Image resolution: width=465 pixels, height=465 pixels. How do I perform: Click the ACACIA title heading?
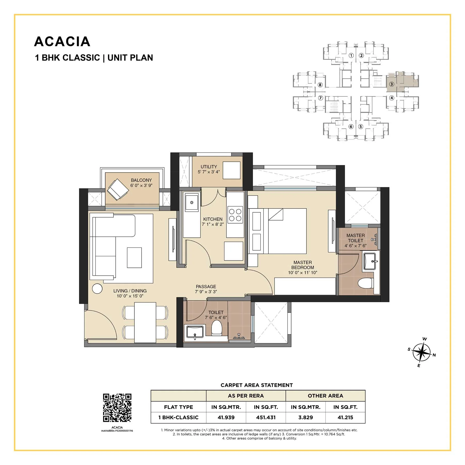pos(62,42)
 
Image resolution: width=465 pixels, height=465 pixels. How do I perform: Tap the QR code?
pos(117,408)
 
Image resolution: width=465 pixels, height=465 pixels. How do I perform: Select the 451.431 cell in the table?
pos(266,417)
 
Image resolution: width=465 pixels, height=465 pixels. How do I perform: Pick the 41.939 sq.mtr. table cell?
pos(226,417)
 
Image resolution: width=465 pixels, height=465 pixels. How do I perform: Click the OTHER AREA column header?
pos(325,396)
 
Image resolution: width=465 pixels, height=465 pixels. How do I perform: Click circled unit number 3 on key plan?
pos(392,84)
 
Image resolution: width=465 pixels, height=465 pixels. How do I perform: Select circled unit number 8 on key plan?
pos(320,85)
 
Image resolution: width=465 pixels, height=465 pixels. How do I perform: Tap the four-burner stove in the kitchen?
pos(235,215)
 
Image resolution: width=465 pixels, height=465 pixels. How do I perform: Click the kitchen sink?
pos(192,203)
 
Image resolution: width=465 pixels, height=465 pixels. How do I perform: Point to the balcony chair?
pos(118,189)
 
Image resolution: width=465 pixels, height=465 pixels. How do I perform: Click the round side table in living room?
pos(97,289)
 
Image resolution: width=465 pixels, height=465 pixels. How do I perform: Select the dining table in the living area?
pos(145,322)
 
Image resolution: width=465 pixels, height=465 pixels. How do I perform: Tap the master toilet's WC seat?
pos(366,283)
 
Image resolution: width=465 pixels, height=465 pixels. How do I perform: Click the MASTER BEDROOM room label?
pos(303,265)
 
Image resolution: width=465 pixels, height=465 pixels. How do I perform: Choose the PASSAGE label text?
pos(206,286)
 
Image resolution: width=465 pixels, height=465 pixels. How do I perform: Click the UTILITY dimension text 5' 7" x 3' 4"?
pos(209,172)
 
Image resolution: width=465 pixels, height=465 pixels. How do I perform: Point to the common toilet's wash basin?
pos(195,332)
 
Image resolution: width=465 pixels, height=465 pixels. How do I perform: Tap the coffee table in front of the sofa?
pos(134,258)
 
